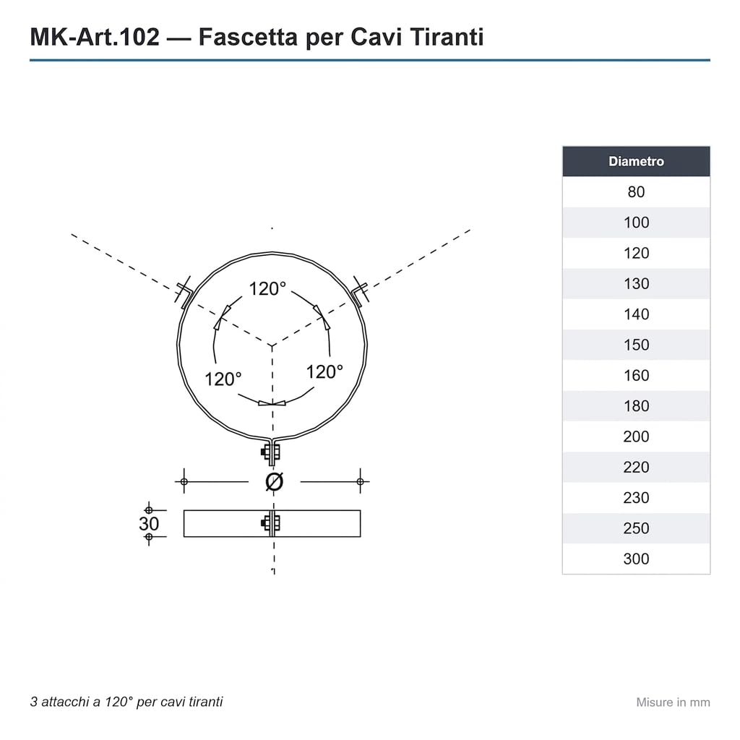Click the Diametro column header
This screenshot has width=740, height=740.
[636, 161]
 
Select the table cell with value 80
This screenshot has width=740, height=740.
[636, 192]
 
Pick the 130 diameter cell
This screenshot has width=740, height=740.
[636, 283]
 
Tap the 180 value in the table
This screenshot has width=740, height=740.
[636, 406]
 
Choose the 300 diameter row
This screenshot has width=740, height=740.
[636, 559]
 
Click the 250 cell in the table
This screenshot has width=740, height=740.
[636, 528]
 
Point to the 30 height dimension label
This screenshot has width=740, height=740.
[149, 523]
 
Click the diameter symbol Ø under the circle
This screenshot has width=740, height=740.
[274, 482]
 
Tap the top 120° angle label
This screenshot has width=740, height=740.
[267, 288]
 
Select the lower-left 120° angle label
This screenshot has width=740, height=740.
[223, 379]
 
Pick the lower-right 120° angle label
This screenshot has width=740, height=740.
[324, 372]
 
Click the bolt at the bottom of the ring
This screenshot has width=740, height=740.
[271, 453]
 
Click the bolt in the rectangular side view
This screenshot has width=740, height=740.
[271, 523]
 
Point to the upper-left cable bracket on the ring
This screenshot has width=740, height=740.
[184, 292]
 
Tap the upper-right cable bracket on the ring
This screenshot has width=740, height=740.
[360, 292]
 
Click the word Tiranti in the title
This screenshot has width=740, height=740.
[447, 37]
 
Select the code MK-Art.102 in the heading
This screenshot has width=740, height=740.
[95, 37]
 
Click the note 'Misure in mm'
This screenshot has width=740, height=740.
[673, 702]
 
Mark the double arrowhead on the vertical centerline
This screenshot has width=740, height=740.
[272, 403]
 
